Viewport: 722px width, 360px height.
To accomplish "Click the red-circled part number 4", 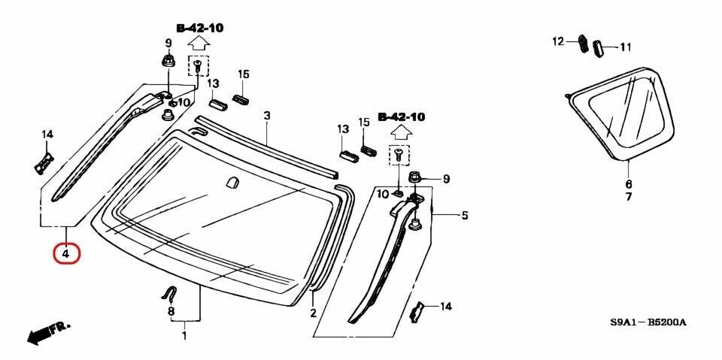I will click(x=66, y=254).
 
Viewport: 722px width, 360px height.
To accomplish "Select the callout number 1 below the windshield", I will click(x=184, y=336).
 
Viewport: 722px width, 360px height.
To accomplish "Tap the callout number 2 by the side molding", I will click(x=312, y=313).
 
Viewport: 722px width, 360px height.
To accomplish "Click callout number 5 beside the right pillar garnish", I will click(x=465, y=216).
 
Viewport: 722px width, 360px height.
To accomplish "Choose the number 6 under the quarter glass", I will click(x=629, y=183).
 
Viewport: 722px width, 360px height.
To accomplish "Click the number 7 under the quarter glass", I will click(x=629, y=197).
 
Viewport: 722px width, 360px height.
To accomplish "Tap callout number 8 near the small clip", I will click(x=171, y=311).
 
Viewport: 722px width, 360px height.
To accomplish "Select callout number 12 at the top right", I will click(x=558, y=41).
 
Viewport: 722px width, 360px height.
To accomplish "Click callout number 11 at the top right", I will click(x=626, y=47).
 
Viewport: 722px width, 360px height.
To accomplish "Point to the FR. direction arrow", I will click(x=47, y=331).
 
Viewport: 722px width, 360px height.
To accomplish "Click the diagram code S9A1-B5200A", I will click(x=648, y=322).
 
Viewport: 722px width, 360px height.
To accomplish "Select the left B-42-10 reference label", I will click(x=199, y=28).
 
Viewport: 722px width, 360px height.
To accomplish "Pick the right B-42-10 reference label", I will click(x=401, y=117).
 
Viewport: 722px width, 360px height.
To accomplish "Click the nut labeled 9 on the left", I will click(x=167, y=61).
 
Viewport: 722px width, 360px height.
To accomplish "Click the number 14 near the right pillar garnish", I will click(x=446, y=306).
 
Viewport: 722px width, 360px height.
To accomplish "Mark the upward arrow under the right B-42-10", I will click(x=401, y=133).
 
